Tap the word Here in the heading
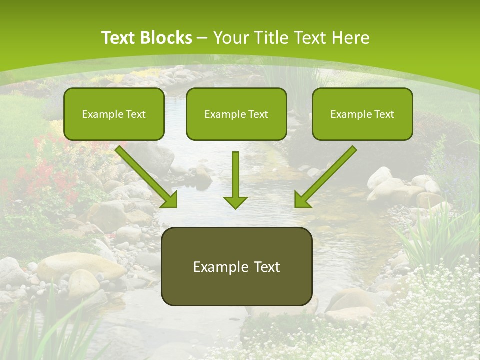[351, 38]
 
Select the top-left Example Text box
[114, 114]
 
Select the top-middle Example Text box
[236, 114]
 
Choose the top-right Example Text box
[362, 114]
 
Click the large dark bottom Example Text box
[237, 266]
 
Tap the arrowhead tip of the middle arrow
[235, 207]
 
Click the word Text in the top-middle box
[258, 114]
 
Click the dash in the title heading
[202, 38]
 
